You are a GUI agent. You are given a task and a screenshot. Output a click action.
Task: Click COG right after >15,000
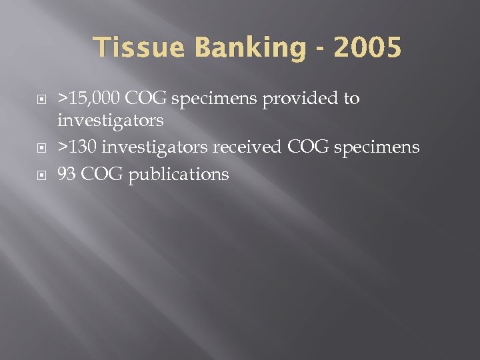tap(147, 99)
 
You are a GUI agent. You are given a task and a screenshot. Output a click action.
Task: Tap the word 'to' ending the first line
tap(351, 99)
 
